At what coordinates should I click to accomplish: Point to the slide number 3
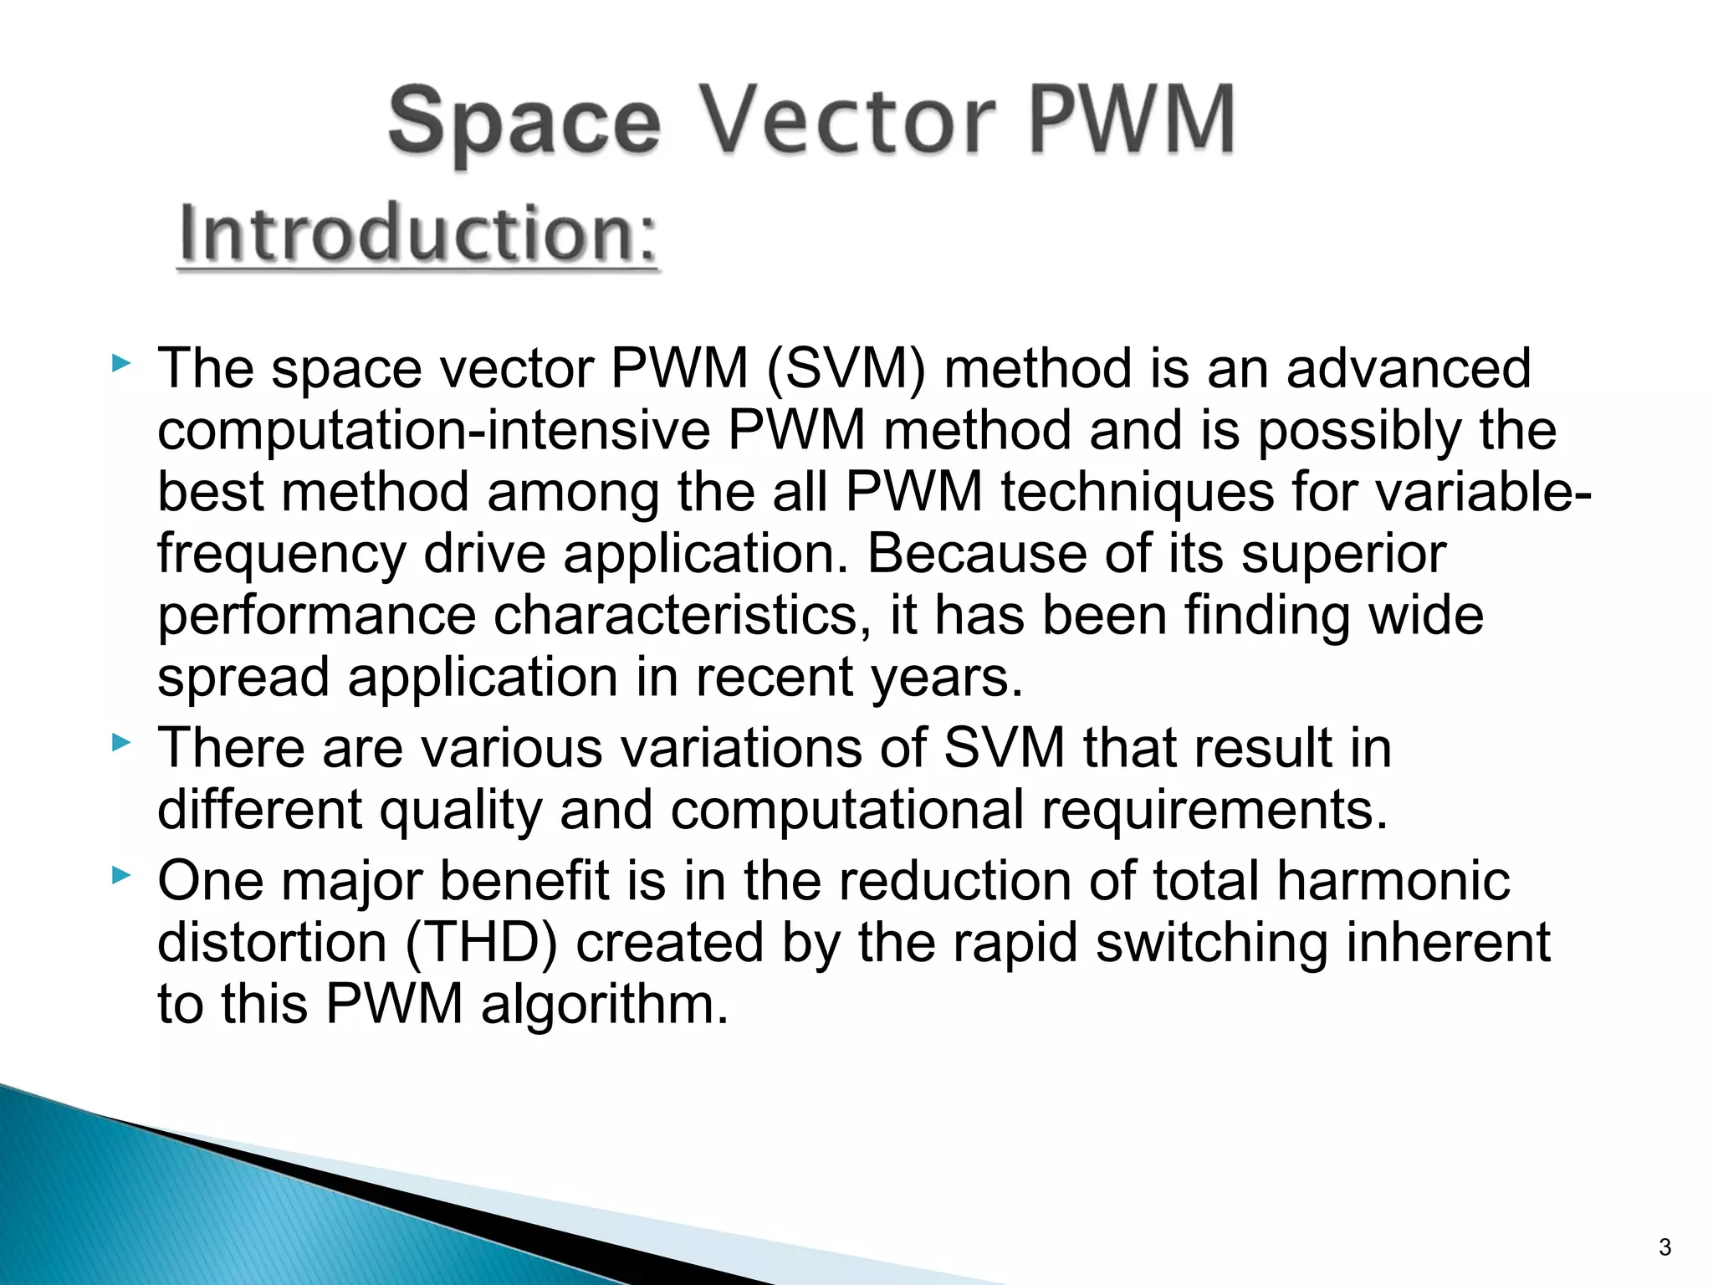[1664, 1247]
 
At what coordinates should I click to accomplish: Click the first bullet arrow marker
[121, 364]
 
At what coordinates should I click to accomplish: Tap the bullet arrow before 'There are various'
[121, 742]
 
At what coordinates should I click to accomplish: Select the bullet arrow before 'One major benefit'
[121, 876]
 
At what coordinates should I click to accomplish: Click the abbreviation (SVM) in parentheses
[845, 369]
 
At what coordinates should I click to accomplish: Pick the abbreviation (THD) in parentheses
[482, 943]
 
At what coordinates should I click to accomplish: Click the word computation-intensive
[433, 431]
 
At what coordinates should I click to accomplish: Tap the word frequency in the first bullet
[281, 555]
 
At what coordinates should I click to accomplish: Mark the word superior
[1343, 554]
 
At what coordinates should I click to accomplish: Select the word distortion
[272, 943]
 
